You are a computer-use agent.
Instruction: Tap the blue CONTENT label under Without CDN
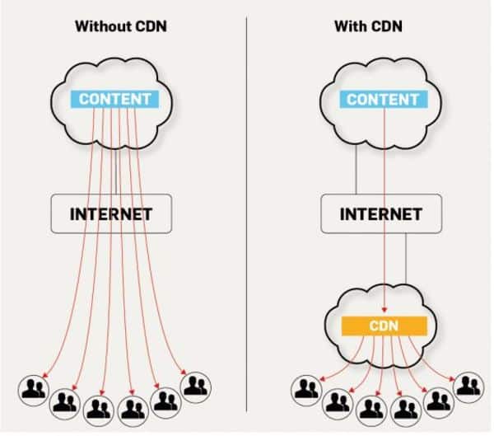click(x=115, y=99)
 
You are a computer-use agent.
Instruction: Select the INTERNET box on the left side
click(x=111, y=213)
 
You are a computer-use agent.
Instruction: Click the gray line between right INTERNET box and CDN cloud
click(x=407, y=264)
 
